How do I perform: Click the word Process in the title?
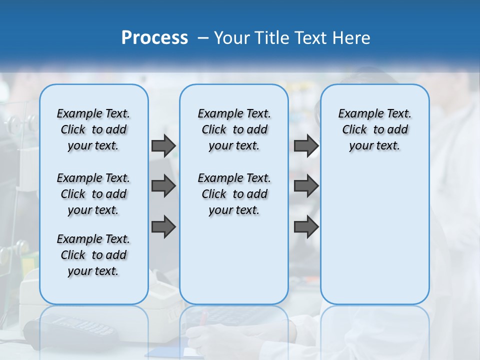click(x=154, y=38)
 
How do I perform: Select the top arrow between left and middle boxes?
click(x=163, y=146)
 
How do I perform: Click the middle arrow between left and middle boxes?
click(x=163, y=186)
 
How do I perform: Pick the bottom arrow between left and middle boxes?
click(x=163, y=227)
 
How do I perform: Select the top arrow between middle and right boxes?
click(x=306, y=146)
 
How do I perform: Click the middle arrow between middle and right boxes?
click(x=306, y=186)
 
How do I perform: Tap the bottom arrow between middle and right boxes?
click(x=306, y=227)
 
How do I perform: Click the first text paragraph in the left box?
click(x=93, y=129)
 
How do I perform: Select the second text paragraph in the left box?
click(x=93, y=194)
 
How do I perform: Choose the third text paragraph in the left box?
click(x=93, y=255)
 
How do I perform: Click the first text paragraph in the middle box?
click(x=234, y=129)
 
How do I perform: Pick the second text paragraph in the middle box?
click(x=234, y=194)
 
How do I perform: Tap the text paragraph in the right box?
click(x=374, y=129)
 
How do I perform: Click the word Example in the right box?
click(x=358, y=114)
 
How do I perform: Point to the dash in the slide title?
click(x=203, y=38)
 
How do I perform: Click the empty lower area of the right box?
click(x=374, y=235)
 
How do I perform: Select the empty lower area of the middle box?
click(x=234, y=260)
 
